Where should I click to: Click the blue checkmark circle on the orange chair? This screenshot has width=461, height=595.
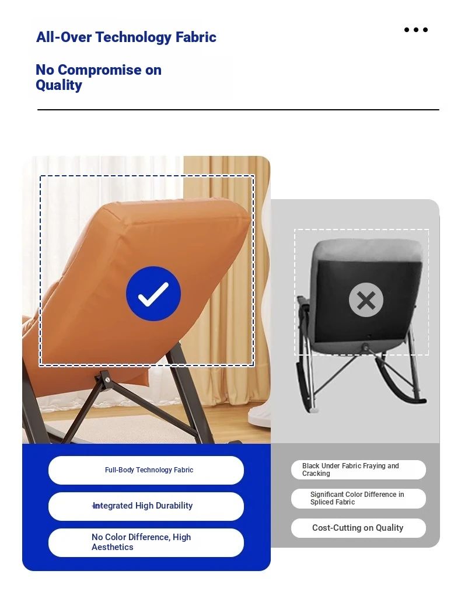(x=153, y=294)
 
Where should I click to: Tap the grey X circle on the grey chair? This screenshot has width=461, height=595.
(x=366, y=300)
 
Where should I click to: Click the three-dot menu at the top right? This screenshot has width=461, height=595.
(x=416, y=30)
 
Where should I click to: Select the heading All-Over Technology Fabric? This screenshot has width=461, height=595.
(x=126, y=37)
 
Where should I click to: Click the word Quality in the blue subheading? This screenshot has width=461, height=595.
(x=59, y=85)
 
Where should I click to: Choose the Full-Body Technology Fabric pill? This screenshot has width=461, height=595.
(x=146, y=470)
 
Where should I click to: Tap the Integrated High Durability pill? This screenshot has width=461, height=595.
(x=146, y=506)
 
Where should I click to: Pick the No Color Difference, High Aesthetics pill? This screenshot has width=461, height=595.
(x=146, y=542)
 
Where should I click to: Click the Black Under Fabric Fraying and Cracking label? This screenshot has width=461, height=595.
(x=358, y=470)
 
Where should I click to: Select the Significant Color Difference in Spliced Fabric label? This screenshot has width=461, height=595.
(x=358, y=498)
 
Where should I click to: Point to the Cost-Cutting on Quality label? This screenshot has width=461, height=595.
(x=358, y=528)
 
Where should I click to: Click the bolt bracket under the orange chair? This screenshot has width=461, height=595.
(x=104, y=379)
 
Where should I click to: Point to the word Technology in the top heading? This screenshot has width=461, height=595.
(x=134, y=37)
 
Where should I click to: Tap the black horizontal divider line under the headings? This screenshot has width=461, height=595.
(x=238, y=110)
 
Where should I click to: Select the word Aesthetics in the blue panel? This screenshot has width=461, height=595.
(x=112, y=547)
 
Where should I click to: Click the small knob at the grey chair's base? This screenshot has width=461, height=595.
(x=365, y=346)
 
